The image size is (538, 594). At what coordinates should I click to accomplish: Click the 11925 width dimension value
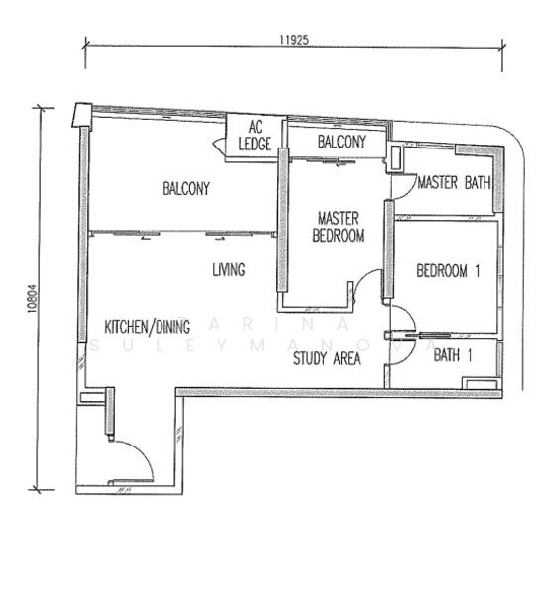pyautogui.click(x=294, y=40)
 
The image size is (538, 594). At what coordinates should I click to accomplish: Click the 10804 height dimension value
pyautogui.click(x=33, y=299)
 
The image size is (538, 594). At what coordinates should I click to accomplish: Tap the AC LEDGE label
pyautogui.click(x=255, y=136)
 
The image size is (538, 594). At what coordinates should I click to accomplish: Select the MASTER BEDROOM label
pyautogui.click(x=338, y=227)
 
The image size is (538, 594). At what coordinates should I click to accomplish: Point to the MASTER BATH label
pyautogui.click(x=454, y=182)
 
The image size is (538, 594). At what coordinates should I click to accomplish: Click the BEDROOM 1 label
pyautogui.click(x=448, y=271)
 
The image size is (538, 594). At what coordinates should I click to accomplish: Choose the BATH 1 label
pyautogui.click(x=453, y=355)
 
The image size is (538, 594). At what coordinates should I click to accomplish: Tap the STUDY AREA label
pyautogui.click(x=326, y=358)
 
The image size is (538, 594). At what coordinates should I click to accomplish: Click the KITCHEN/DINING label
pyautogui.click(x=147, y=327)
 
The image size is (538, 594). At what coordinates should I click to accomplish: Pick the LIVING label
pyautogui.click(x=229, y=269)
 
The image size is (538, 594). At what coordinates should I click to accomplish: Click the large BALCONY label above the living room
pyautogui.click(x=186, y=188)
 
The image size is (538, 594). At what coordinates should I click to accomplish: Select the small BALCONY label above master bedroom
pyautogui.click(x=341, y=142)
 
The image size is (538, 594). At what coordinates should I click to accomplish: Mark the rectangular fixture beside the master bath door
pyautogui.click(x=395, y=156)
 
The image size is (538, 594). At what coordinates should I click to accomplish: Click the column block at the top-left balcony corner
pyautogui.click(x=82, y=115)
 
